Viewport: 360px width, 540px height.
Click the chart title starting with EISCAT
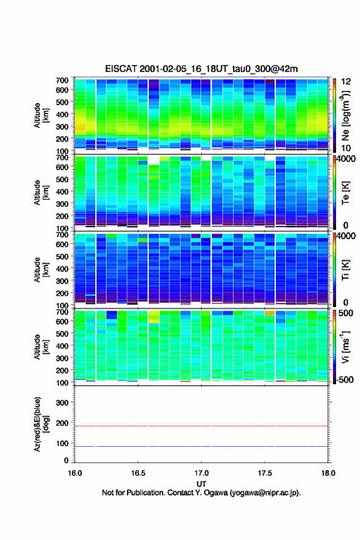[201, 69]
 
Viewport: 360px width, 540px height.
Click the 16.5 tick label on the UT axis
[138, 473]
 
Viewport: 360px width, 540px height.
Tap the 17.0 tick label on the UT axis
[201, 473]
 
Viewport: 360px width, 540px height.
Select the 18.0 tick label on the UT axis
[328, 473]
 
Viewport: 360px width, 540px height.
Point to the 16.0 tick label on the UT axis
[75, 473]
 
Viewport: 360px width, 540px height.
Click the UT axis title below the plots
[201, 484]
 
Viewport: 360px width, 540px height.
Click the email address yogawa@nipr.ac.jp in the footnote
[265, 493]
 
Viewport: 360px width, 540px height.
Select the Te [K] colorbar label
[345, 193]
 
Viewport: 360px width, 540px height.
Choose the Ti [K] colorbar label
[345, 270]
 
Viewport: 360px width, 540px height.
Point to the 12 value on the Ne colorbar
[346, 82]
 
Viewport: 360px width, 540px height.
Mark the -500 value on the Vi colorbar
[345, 379]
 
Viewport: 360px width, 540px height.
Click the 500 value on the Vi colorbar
[346, 313]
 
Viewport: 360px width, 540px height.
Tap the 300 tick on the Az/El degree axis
[62, 403]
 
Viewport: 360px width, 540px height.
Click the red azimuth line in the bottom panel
[201, 426]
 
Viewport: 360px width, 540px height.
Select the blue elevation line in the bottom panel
[201, 446]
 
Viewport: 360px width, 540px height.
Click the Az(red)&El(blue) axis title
[41, 424]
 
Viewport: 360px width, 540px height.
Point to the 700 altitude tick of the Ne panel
[62, 80]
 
